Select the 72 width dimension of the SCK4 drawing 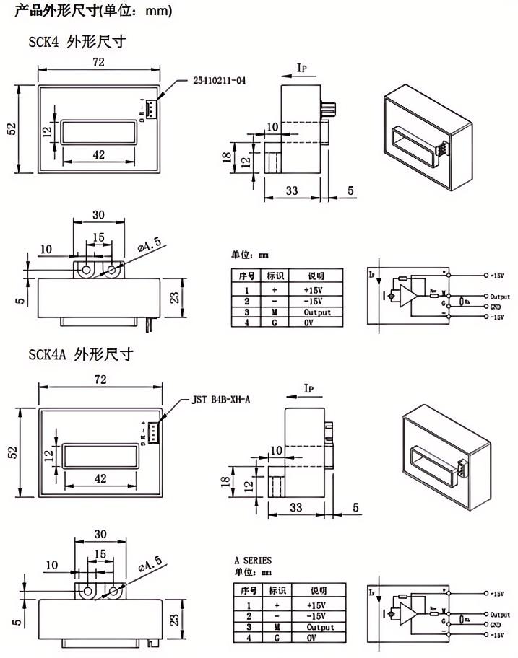tap(99, 62)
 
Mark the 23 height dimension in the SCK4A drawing tap(173, 618)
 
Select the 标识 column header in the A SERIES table tap(277, 589)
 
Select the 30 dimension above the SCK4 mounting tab tap(99, 214)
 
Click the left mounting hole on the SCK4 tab tap(85, 270)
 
